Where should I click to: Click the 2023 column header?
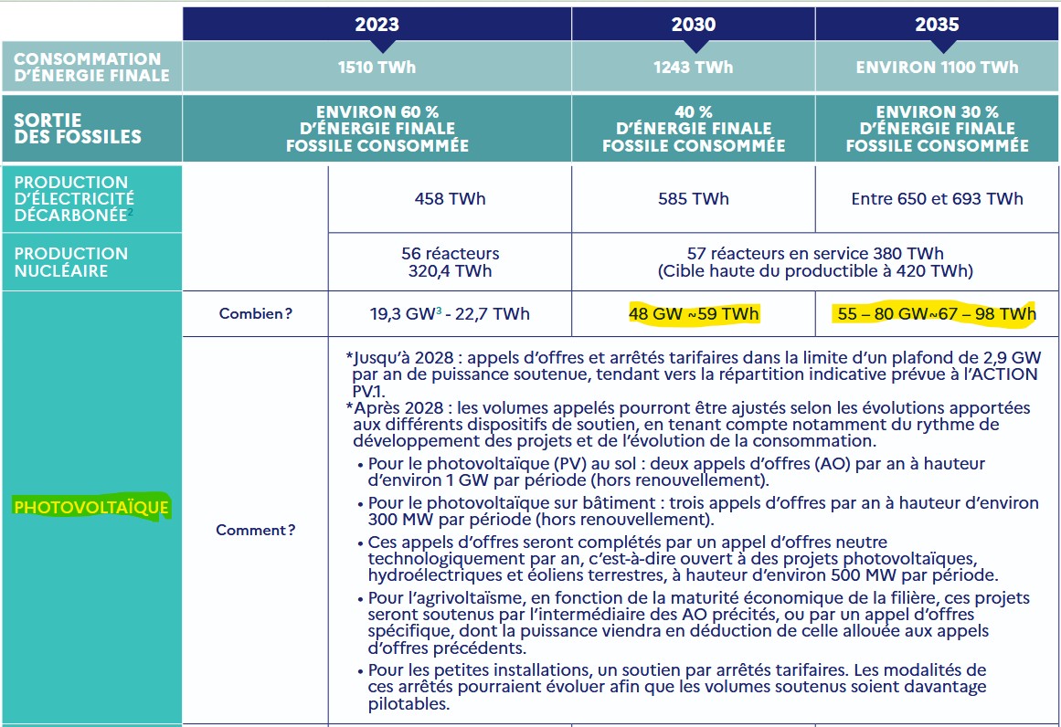tap(377, 25)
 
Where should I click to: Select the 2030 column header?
tap(693, 25)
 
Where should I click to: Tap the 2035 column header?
tap(937, 25)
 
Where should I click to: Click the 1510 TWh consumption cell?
tap(377, 67)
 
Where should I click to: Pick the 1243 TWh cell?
tap(693, 67)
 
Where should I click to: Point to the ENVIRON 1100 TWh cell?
tap(937, 67)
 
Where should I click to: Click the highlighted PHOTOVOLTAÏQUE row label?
tap(91, 507)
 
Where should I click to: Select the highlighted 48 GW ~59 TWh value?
tap(694, 314)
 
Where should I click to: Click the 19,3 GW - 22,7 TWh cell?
tap(450, 314)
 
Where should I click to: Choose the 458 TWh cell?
tap(450, 198)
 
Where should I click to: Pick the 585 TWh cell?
tap(693, 198)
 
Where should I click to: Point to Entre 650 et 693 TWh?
tap(937, 198)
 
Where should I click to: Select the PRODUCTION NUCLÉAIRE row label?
tap(71, 262)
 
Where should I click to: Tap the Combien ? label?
tap(256, 314)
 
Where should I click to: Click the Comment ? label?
tap(256, 530)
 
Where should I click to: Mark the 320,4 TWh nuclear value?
tap(450, 271)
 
